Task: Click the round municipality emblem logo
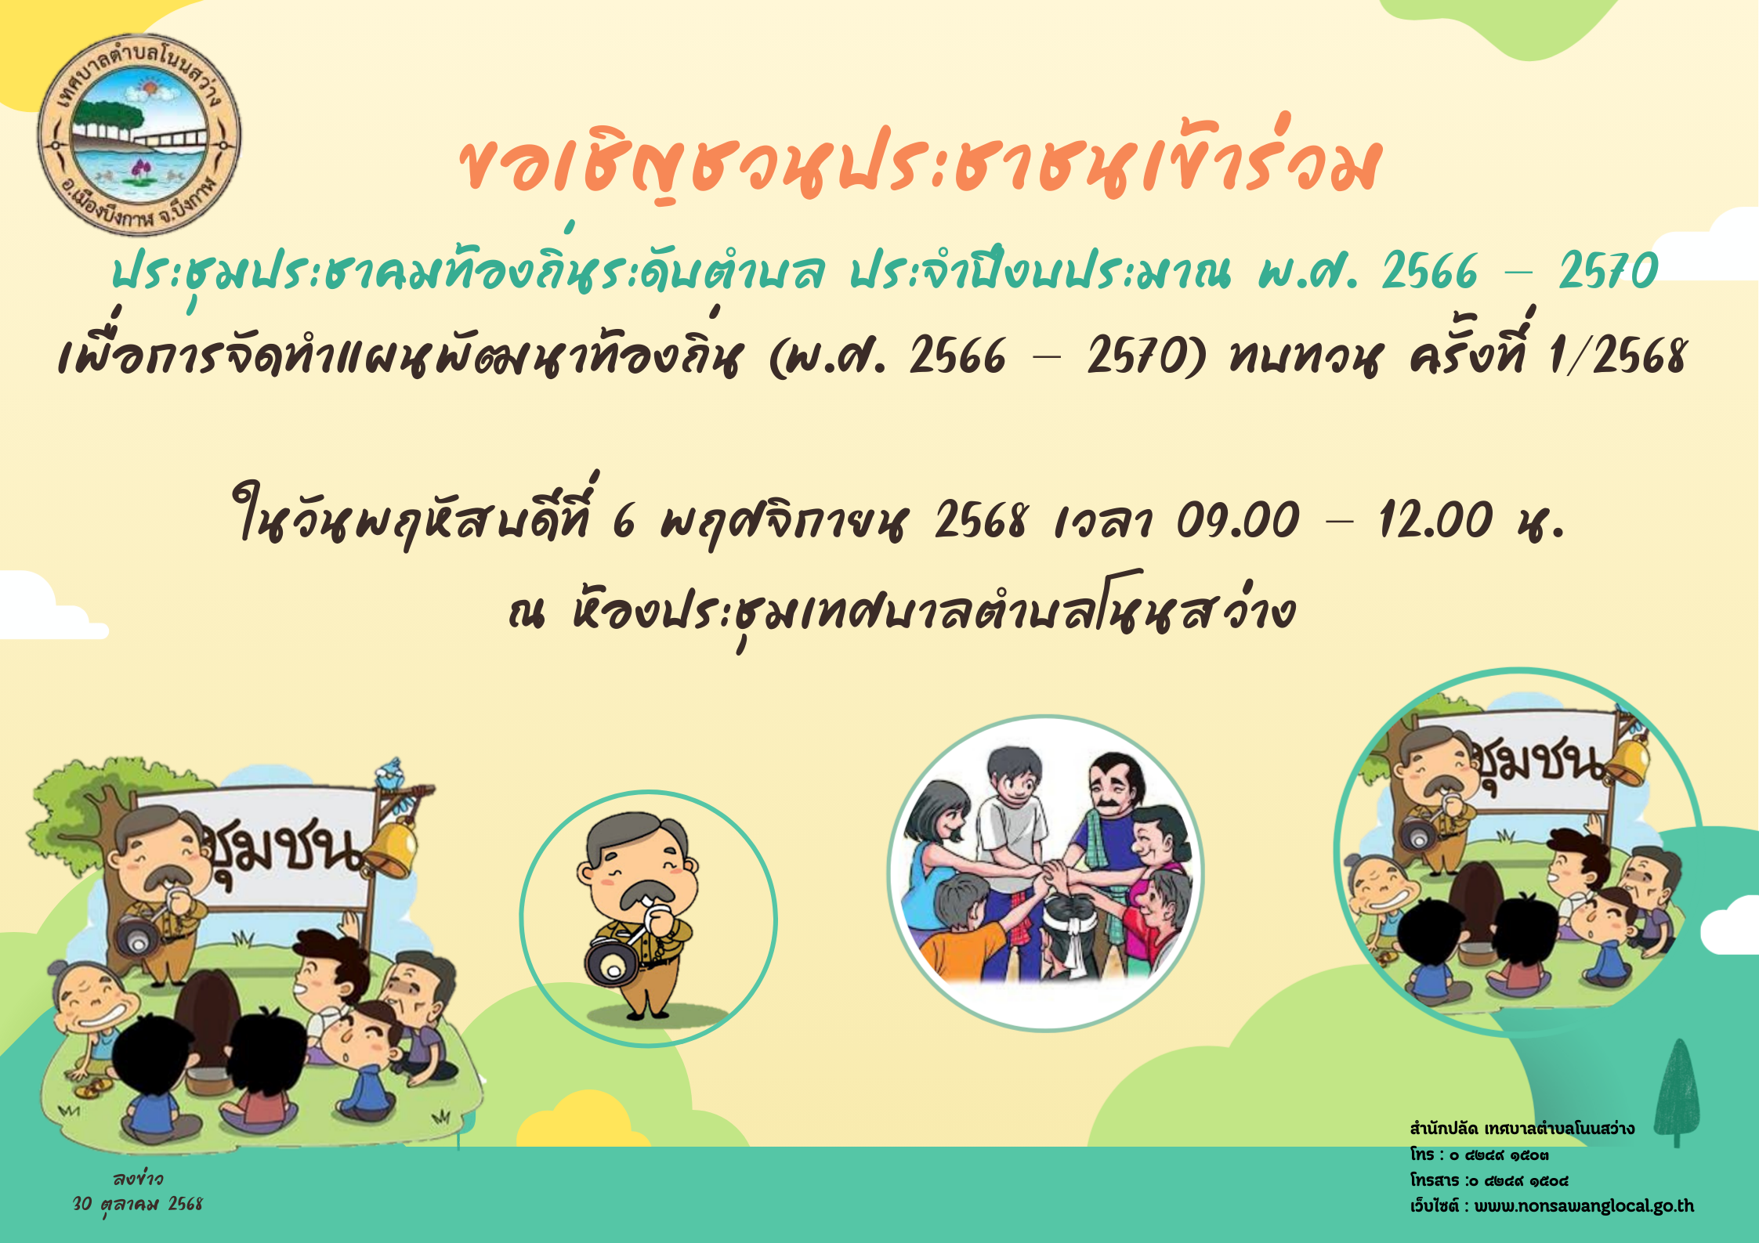[x=139, y=135]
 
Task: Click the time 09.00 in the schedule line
[x=1237, y=519]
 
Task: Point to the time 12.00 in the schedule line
[x=1435, y=519]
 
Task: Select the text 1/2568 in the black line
[x=1616, y=356]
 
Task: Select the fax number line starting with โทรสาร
[x=1489, y=1180]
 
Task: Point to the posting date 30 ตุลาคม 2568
[x=138, y=1204]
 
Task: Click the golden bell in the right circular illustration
[x=1626, y=760]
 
